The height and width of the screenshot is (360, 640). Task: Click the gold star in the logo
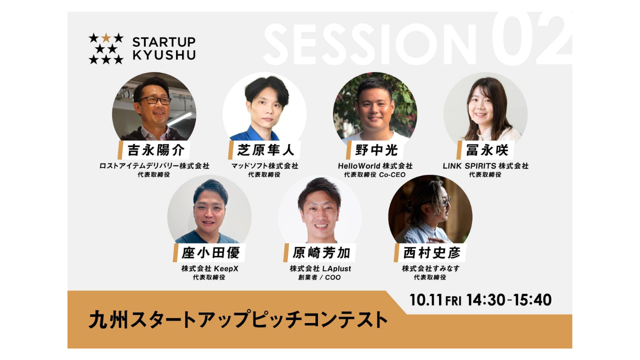[106, 37]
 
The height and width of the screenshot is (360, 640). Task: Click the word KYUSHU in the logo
[164, 55]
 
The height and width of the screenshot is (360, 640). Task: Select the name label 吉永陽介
[155, 150]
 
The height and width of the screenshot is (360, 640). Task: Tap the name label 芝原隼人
[265, 150]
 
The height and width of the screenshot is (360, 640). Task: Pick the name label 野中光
[376, 150]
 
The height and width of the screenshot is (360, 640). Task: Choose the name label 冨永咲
[487, 150]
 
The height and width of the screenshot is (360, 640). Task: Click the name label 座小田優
[210, 252]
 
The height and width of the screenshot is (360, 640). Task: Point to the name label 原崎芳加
[321, 252]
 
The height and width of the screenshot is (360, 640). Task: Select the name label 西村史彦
[431, 252]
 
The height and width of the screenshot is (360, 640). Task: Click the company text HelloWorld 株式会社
[375, 165]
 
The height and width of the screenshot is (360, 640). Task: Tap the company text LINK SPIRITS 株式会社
[485, 165]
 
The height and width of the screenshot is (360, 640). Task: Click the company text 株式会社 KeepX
[209, 268]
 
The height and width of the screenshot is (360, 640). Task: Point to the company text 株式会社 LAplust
[320, 268]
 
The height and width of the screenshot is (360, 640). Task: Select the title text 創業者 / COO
[319, 277]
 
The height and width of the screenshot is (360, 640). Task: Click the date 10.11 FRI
[435, 300]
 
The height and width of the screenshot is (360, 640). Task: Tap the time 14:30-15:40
[509, 300]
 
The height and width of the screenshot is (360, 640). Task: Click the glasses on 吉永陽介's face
[154, 100]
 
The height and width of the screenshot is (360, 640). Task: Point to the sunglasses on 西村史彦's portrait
[446, 201]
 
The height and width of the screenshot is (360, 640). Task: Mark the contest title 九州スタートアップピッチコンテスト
[238, 319]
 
